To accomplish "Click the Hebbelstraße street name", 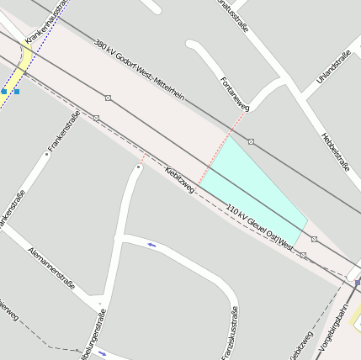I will click(x=335, y=151).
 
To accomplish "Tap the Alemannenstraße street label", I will click(x=51, y=268).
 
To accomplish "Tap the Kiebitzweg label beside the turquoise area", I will click(x=180, y=179).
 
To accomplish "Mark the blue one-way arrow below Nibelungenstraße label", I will click(x=103, y=353).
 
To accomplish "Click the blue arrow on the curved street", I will click(x=151, y=245).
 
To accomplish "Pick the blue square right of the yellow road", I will click(x=16, y=91).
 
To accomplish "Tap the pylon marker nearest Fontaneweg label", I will click(x=251, y=141).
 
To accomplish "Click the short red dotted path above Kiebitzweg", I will click(x=143, y=156).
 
